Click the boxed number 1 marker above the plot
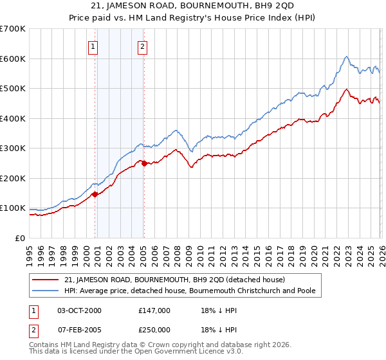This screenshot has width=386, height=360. point(93,46)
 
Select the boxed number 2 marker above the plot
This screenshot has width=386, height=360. point(142,46)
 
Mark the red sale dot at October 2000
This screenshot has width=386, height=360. point(95,194)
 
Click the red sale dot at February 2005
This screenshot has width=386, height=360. point(144,163)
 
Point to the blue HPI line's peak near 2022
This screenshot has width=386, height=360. point(346,57)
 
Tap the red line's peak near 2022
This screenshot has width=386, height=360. point(346,89)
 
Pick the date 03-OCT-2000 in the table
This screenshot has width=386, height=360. point(80,310)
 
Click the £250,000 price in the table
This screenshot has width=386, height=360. point(154,330)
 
